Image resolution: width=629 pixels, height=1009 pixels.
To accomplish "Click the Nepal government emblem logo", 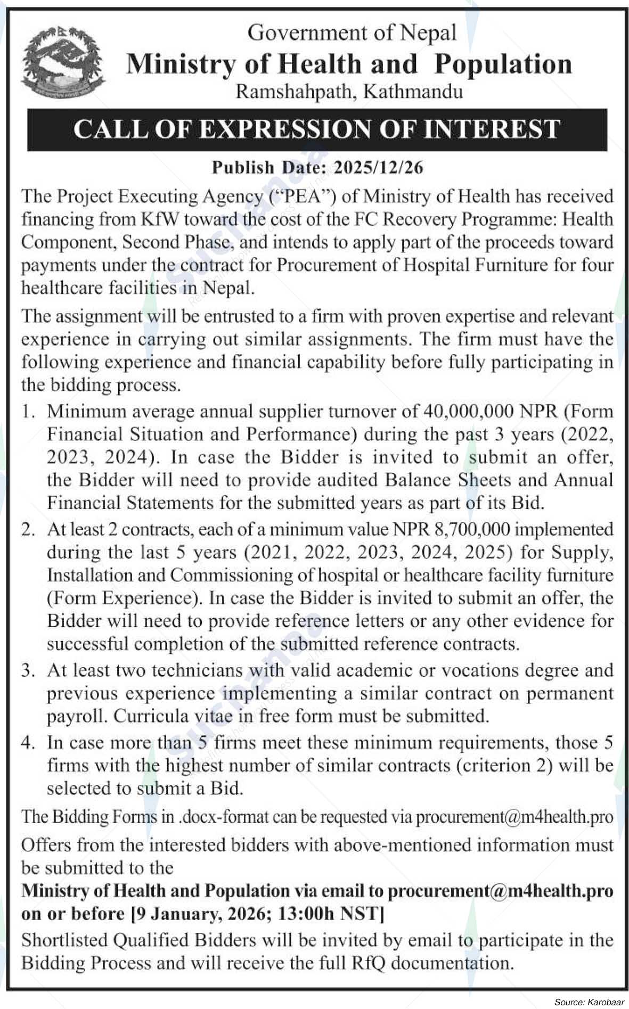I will [63, 63].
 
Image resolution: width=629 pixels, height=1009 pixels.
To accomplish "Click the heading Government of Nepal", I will [352, 33].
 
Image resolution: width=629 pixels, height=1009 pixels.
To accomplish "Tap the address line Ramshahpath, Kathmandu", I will [349, 92].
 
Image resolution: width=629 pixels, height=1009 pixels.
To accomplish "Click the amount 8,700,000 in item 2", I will [471, 529].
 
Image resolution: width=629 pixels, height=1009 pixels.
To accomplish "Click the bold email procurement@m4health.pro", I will [500, 891].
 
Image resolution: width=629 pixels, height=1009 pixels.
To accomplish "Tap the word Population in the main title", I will [503, 64].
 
